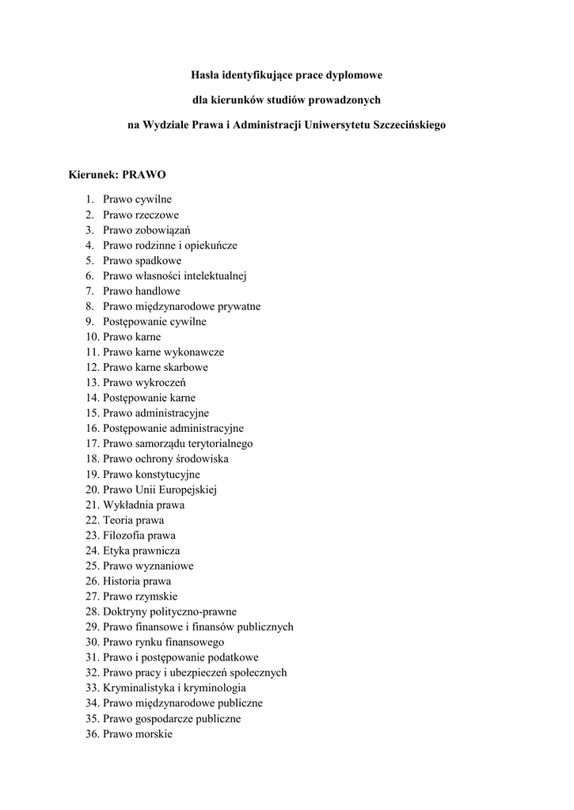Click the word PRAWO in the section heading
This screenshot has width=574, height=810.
[143, 174]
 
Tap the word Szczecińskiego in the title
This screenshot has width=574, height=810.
[403, 125]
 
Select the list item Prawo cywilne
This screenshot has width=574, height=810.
[136, 199]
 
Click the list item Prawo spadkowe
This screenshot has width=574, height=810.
[142, 260]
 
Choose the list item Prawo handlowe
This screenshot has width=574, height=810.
[141, 291]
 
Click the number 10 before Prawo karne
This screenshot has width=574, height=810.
[92, 337]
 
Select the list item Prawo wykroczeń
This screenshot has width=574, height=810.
[144, 383]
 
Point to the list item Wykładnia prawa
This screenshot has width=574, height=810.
[143, 505]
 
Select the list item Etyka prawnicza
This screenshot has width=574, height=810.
[141, 551]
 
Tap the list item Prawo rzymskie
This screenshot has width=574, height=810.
[140, 596]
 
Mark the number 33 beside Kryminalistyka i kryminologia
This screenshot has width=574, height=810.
[92, 688]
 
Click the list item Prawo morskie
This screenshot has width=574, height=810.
[137, 734]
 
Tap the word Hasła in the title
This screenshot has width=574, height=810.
[204, 75]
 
